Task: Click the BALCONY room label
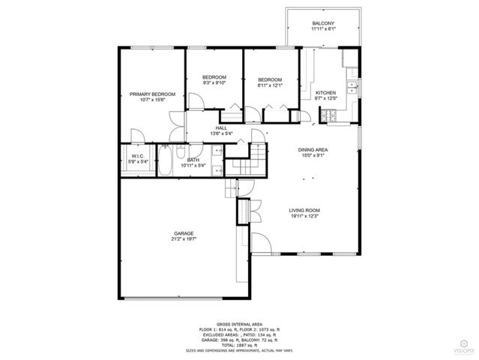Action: (322, 24)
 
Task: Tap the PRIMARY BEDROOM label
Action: (152, 94)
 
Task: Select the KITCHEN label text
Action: (325, 93)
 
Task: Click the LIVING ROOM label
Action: (305, 210)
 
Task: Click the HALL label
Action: (222, 128)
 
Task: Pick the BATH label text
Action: (193, 160)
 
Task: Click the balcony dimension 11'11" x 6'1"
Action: (322, 31)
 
